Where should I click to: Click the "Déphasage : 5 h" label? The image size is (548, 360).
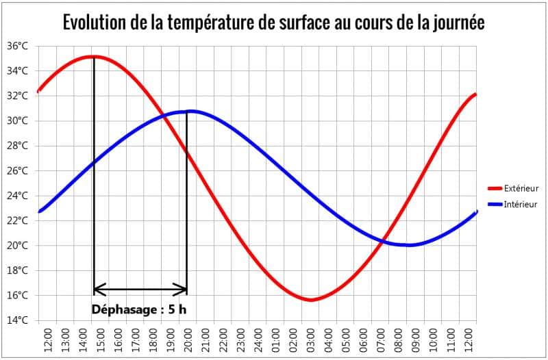point(139,309)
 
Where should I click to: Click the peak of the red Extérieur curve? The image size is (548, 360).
point(94,57)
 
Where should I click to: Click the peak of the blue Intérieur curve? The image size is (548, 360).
point(190,111)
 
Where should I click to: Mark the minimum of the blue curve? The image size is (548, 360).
point(409,245)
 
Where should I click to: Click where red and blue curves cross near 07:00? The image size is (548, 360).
point(386,239)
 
